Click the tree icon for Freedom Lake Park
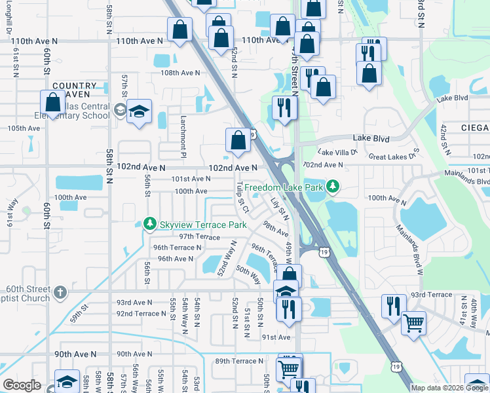(333, 187)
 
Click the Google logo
(22, 385)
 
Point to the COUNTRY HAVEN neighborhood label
(74, 90)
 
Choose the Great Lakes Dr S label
(394, 156)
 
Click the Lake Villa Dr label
(337, 152)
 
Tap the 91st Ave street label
(276, 337)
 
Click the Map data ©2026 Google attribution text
(449, 388)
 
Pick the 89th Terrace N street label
(239, 361)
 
